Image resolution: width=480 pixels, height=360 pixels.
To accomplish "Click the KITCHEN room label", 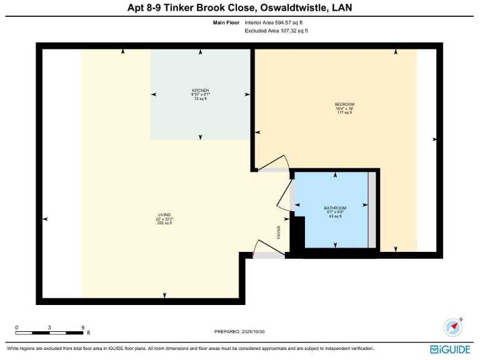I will (x=200, y=91).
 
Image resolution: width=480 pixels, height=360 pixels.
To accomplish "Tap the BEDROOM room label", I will (x=344, y=104).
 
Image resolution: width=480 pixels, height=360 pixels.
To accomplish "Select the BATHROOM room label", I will (x=335, y=207).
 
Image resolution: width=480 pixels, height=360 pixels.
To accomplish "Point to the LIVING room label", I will (x=164, y=215).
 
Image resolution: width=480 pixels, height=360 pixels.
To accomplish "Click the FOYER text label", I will (x=279, y=232).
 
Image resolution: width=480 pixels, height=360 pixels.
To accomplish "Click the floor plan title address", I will (x=239, y=8).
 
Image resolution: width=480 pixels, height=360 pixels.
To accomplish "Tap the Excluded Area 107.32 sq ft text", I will (x=276, y=30).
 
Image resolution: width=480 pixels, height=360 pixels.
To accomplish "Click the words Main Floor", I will (x=226, y=22).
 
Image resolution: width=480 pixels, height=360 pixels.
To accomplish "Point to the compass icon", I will (x=452, y=327).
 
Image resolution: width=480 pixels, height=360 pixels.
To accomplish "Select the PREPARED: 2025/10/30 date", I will (x=244, y=332).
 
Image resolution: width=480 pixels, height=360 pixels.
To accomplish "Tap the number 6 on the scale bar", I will (x=82, y=327).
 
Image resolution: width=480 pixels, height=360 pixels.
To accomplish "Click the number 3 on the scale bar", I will (x=50, y=327).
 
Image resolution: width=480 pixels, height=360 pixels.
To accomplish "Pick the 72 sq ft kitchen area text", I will (x=200, y=99).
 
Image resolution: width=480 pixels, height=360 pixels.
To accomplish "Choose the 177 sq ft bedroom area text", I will (x=344, y=112).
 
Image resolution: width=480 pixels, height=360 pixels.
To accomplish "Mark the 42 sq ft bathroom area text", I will (x=335, y=216).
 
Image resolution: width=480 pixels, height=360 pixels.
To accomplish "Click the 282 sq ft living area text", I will (x=164, y=223).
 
